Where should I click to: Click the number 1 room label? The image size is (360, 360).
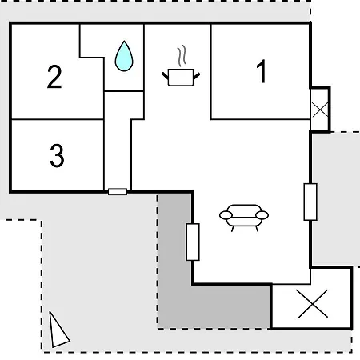coord(262,71)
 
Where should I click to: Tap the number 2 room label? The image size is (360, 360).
coord(54,77)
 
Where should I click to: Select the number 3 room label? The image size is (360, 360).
coord(57,155)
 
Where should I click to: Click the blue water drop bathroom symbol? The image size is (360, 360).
coord(124,56)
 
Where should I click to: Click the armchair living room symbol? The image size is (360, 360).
coord(244,218)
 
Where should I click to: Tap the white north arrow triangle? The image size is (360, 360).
coord(58,330)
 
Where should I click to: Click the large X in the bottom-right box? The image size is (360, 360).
coord(313,304)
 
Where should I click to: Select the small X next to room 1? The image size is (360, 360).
coord(320,110)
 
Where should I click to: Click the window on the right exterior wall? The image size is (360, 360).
coord(310,202)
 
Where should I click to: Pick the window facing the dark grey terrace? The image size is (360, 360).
coord(193,242)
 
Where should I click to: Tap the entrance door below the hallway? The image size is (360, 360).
coord(118,191)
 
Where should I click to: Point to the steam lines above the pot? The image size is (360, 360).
coord(182,56)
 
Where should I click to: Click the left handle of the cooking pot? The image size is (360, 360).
coord(166,76)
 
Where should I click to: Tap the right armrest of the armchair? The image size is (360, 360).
coord(262,215)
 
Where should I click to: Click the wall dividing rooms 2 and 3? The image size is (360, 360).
coord(57,119)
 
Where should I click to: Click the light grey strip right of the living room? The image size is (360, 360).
coord(336,198)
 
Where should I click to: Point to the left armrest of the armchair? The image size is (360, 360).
coord(226,215)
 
